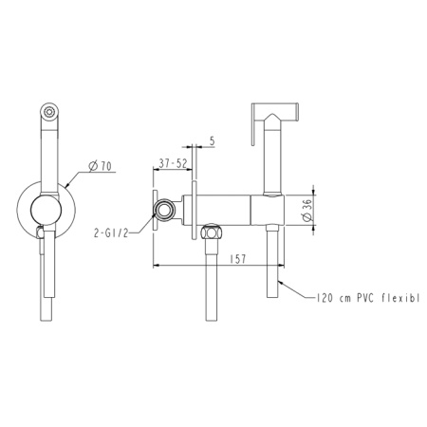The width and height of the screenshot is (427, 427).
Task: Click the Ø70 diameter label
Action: point(100,166)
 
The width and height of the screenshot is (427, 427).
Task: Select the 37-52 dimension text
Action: point(173,163)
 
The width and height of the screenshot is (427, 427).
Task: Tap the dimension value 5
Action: point(212,141)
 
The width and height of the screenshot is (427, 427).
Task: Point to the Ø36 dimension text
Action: point(306,210)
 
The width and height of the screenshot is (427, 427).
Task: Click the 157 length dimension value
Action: point(237,259)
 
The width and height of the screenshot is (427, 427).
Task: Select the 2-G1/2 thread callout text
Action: point(111,233)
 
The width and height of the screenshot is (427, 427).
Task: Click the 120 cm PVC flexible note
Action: point(368,298)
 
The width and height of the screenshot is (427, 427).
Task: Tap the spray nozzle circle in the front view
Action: point(49,112)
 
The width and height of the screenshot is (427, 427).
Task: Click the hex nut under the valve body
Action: point(211,232)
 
